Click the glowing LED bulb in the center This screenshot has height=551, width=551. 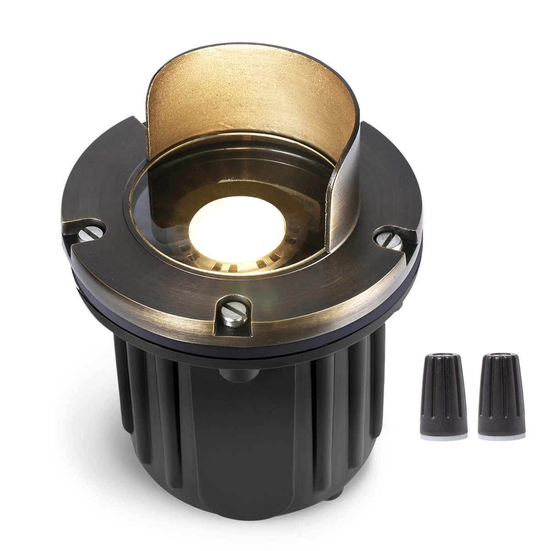pyautogui.click(x=236, y=227)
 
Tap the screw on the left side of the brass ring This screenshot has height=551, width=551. pyautogui.click(x=89, y=234)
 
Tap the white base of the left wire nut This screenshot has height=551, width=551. pyautogui.click(x=444, y=437)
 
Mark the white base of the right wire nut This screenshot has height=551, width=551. pyautogui.click(x=501, y=437)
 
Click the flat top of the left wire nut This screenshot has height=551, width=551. pyautogui.click(x=444, y=355)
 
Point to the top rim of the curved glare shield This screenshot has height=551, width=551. pyautogui.click(x=250, y=51)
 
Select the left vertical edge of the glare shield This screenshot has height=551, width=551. pyautogui.click(x=148, y=115)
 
